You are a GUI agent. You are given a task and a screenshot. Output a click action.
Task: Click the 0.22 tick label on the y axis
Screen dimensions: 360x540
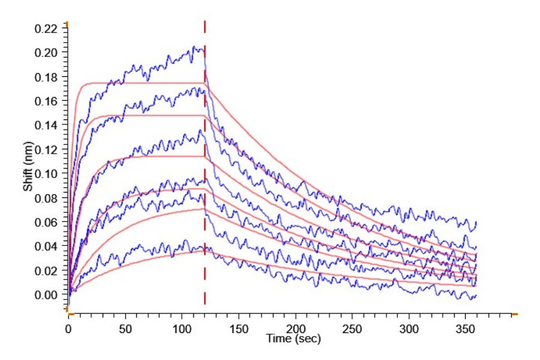coord(47,28)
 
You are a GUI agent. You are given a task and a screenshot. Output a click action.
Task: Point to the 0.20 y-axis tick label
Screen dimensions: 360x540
coord(47,52)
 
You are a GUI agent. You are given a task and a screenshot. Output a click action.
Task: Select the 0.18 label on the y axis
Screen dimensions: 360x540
coord(47,77)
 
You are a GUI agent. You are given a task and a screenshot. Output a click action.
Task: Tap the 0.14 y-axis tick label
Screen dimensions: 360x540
coord(47,125)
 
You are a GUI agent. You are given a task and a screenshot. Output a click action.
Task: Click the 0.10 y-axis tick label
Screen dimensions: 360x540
coord(47,173)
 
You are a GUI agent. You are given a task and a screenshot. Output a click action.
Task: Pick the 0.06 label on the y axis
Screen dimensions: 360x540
coord(47,222)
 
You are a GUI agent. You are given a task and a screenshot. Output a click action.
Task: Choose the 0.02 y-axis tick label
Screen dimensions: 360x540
coord(47,271)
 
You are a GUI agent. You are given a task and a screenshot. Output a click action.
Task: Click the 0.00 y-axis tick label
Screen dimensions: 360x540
coord(47,295)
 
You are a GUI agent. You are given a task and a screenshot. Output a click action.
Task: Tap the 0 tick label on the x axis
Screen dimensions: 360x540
coord(68,329)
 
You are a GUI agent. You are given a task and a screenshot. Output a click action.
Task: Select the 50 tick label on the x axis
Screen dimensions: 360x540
coord(125,329)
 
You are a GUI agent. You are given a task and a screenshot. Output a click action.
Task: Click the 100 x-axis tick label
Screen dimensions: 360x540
coord(182,329)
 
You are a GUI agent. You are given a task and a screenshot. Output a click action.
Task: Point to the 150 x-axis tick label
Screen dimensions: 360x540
coord(239,329)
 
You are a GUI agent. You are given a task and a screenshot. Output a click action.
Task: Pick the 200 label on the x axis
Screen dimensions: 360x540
coord(296,329)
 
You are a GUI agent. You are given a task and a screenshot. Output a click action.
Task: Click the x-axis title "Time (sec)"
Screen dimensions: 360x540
coord(293,339)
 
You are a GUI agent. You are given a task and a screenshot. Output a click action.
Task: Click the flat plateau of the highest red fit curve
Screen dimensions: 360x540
coord(144,83)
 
